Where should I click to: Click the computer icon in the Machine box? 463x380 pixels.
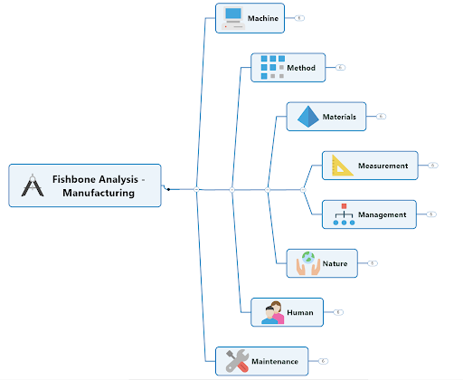tap(233, 18)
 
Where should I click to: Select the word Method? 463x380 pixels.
tap(301, 68)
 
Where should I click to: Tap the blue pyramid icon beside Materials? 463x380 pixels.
tap(307, 117)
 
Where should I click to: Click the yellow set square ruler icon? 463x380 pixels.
tap(342, 166)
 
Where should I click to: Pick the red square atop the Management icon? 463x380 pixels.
tap(344, 206)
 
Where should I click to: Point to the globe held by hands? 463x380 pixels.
tap(308, 258)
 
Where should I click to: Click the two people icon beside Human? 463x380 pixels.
tap(273, 312)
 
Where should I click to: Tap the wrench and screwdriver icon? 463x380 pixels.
tap(237, 361)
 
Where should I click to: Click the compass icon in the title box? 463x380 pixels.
tap(33, 185)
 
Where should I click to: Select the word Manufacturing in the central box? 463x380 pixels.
tap(99, 193)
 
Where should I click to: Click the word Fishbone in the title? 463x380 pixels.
tap(74, 179)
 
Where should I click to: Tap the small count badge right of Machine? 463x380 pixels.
tap(299, 18)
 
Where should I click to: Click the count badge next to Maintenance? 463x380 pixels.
tap(323, 361)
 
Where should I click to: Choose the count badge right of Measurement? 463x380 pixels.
tap(433, 166)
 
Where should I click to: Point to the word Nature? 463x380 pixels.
tap(335, 263)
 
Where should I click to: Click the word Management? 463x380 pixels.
tap(382, 214)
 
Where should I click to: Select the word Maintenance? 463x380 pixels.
tap(275, 361)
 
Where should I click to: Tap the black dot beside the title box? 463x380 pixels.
tap(168, 189)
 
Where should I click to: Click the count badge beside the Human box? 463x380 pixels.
tap(338, 312)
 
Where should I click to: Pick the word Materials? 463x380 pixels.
tap(339, 117)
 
